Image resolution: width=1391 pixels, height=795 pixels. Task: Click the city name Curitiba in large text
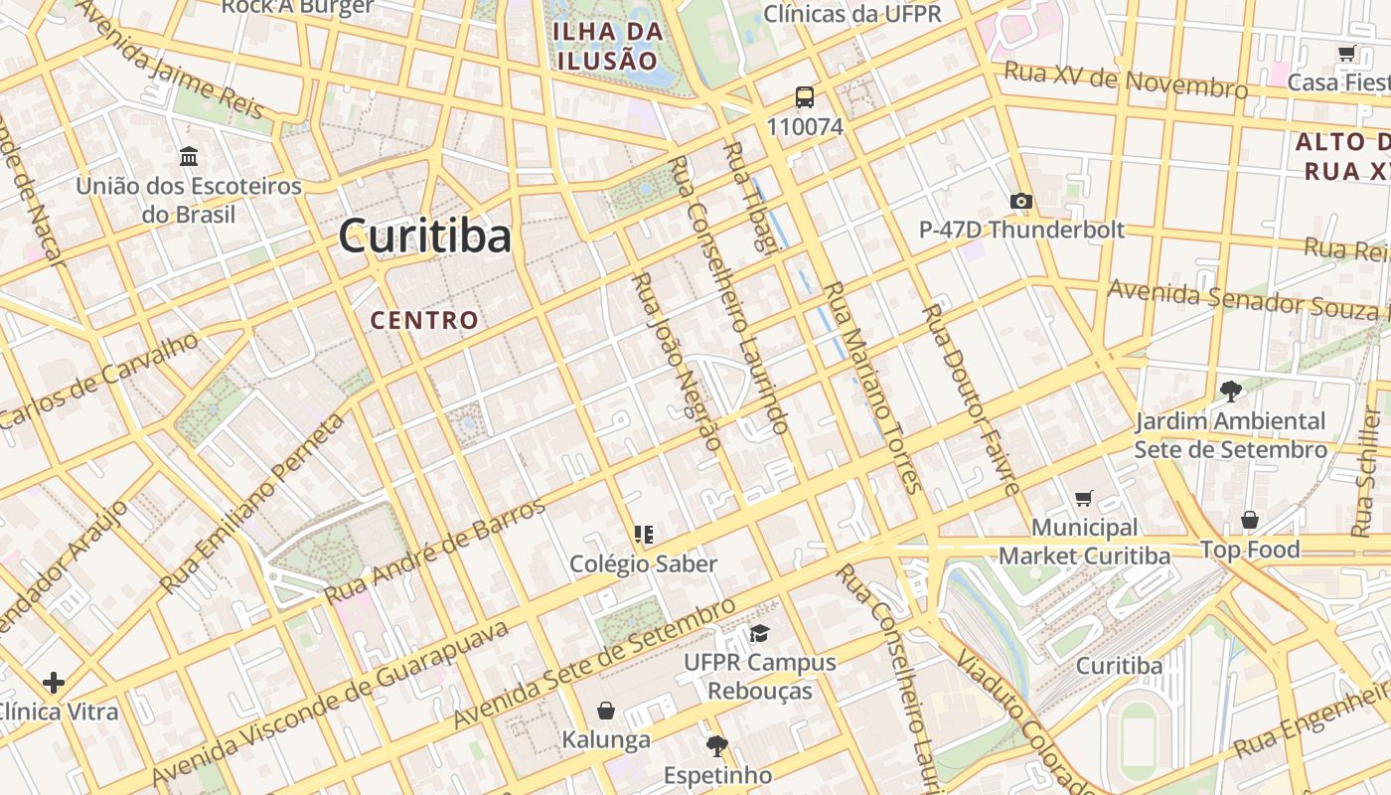point(424,237)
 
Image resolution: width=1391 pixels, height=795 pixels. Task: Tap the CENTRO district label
point(424,320)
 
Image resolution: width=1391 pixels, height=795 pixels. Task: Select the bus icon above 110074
point(805,97)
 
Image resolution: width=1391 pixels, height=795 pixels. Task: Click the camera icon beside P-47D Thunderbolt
point(1020,202)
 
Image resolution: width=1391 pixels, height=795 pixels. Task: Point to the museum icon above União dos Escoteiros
point(189,156)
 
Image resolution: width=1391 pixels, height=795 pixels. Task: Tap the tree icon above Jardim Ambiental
point(1230,392)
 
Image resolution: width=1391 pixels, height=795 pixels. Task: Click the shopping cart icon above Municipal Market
point(1083,498)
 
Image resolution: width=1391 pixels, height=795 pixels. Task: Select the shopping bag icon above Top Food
point(1249,520)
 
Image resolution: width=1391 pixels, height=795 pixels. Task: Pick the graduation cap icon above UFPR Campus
point(760,633)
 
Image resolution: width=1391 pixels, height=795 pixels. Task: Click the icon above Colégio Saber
point(644,535)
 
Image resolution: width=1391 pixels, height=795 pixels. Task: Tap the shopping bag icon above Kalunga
point(605,711)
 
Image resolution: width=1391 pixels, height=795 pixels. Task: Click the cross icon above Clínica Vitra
point(54,683)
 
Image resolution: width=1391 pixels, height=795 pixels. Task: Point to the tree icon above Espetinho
point(716,745)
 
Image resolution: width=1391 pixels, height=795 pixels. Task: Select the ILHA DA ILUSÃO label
point(608,46)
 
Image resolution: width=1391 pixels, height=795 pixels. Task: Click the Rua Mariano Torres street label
point(873,388)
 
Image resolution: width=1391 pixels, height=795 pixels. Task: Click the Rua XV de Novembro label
point(1125,79)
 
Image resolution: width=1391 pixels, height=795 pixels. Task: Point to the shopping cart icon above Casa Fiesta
point(1347,54)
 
